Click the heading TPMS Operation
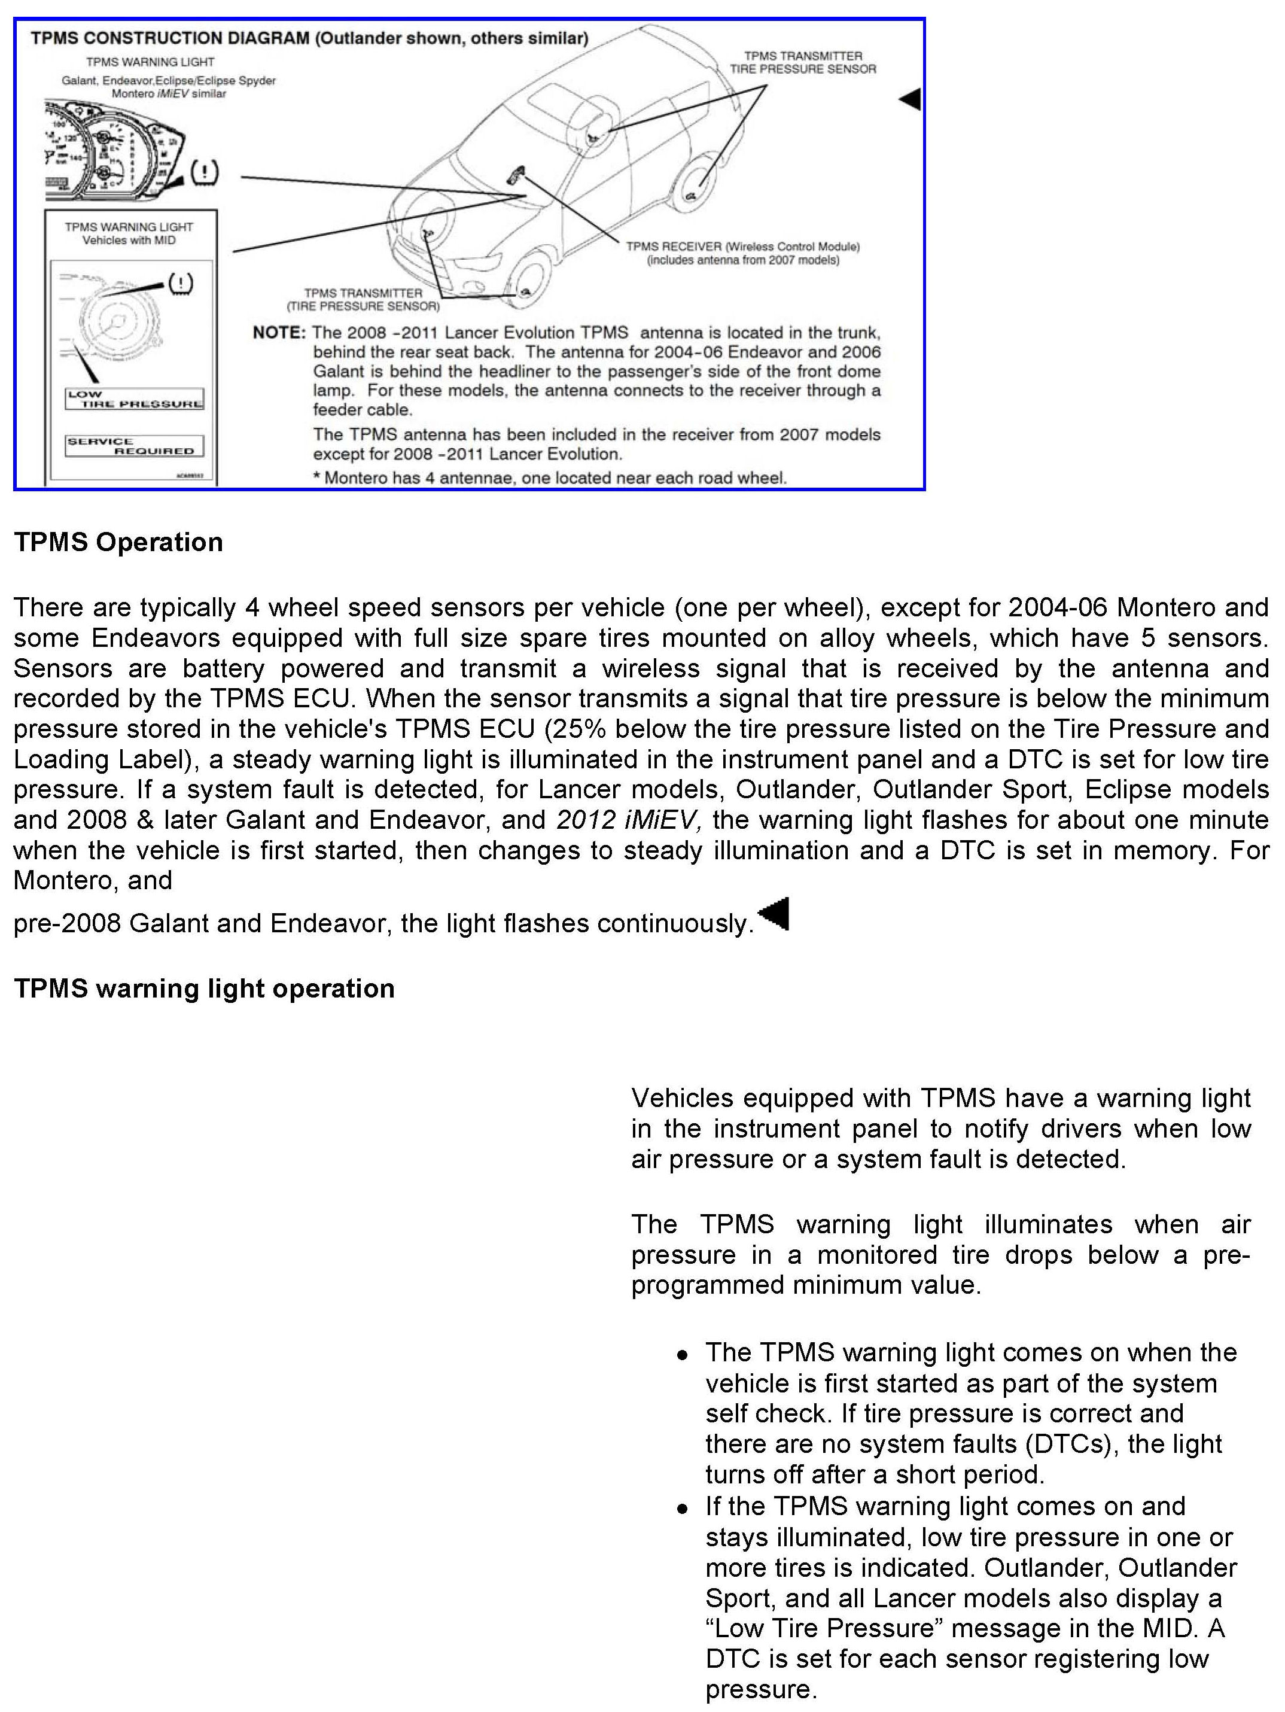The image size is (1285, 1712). [118, 542]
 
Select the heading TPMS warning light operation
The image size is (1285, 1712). [204, 989]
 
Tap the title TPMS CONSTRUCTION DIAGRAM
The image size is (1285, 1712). [170, 38]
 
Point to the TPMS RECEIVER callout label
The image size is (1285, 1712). [742, 253]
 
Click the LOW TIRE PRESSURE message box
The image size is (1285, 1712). [135, 399]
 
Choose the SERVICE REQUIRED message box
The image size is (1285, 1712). [135, 446]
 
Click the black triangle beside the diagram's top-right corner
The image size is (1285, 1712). [910, 99]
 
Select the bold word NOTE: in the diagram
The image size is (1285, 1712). [279, 333]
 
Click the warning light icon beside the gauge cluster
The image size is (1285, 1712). [204, 172]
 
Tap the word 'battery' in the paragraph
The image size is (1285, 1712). [224, 668]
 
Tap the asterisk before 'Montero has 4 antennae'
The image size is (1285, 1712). [316, 478]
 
